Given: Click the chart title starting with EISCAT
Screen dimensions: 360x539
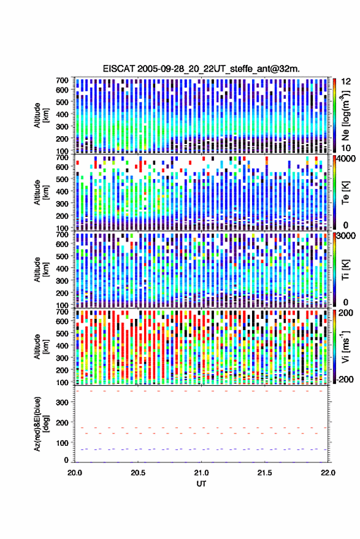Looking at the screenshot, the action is coord(201,69).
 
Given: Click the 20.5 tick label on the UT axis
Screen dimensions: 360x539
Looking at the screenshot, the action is coord(138,473).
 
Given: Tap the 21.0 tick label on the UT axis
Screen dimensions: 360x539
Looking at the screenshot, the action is coord(201,473).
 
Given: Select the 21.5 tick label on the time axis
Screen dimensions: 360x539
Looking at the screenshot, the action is coord(264,473).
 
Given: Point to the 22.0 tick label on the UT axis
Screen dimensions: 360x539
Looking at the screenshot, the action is coord(327,473).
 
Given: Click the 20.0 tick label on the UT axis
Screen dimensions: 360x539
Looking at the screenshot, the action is coord(75,473).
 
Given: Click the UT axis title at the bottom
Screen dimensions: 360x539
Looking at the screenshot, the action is coord(201,484).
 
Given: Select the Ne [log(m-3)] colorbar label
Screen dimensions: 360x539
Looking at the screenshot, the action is coord(345,115).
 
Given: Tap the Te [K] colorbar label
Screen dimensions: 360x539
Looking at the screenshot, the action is coord(345,193).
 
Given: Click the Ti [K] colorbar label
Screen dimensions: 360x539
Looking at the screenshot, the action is coord(345,270).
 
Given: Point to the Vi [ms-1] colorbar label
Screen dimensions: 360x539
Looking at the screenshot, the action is coord(345,346).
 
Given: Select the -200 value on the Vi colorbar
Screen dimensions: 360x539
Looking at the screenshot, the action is coord(345,380).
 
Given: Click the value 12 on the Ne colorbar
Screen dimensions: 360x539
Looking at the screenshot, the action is coord(346,82).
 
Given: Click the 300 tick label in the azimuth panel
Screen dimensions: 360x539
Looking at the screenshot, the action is coord(62,402).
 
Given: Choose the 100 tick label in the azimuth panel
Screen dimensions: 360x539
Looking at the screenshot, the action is coord(62,443).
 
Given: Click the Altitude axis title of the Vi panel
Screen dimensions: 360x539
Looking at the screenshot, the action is coord(41,346).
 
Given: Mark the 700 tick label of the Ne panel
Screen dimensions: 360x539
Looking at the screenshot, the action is coord(62,80).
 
